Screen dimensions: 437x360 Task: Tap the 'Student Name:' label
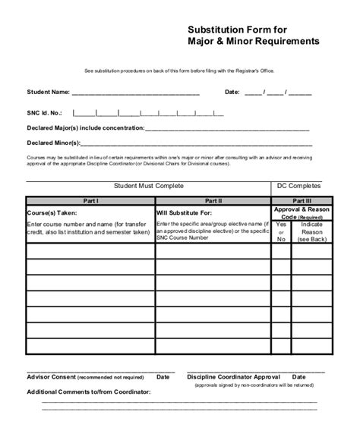(x=48, y=92)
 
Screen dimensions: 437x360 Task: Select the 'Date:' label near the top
(x=232, y=92)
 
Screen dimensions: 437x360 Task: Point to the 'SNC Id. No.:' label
(x=45, y=111)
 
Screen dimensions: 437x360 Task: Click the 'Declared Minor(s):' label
(x=52, y=143)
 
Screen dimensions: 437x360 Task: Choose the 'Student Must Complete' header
(x=149, y=185)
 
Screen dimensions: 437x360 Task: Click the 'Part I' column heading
(x=90, y=201)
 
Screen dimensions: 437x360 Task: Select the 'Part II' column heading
(x=213, y=201)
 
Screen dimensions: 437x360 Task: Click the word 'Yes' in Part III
(x=282, y=225)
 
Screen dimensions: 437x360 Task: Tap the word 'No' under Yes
(x=282, y=239)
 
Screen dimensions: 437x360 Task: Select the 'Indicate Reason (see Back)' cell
(x=312, y=232)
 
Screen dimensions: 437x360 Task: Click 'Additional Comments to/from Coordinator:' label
(x=89, y=391)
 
